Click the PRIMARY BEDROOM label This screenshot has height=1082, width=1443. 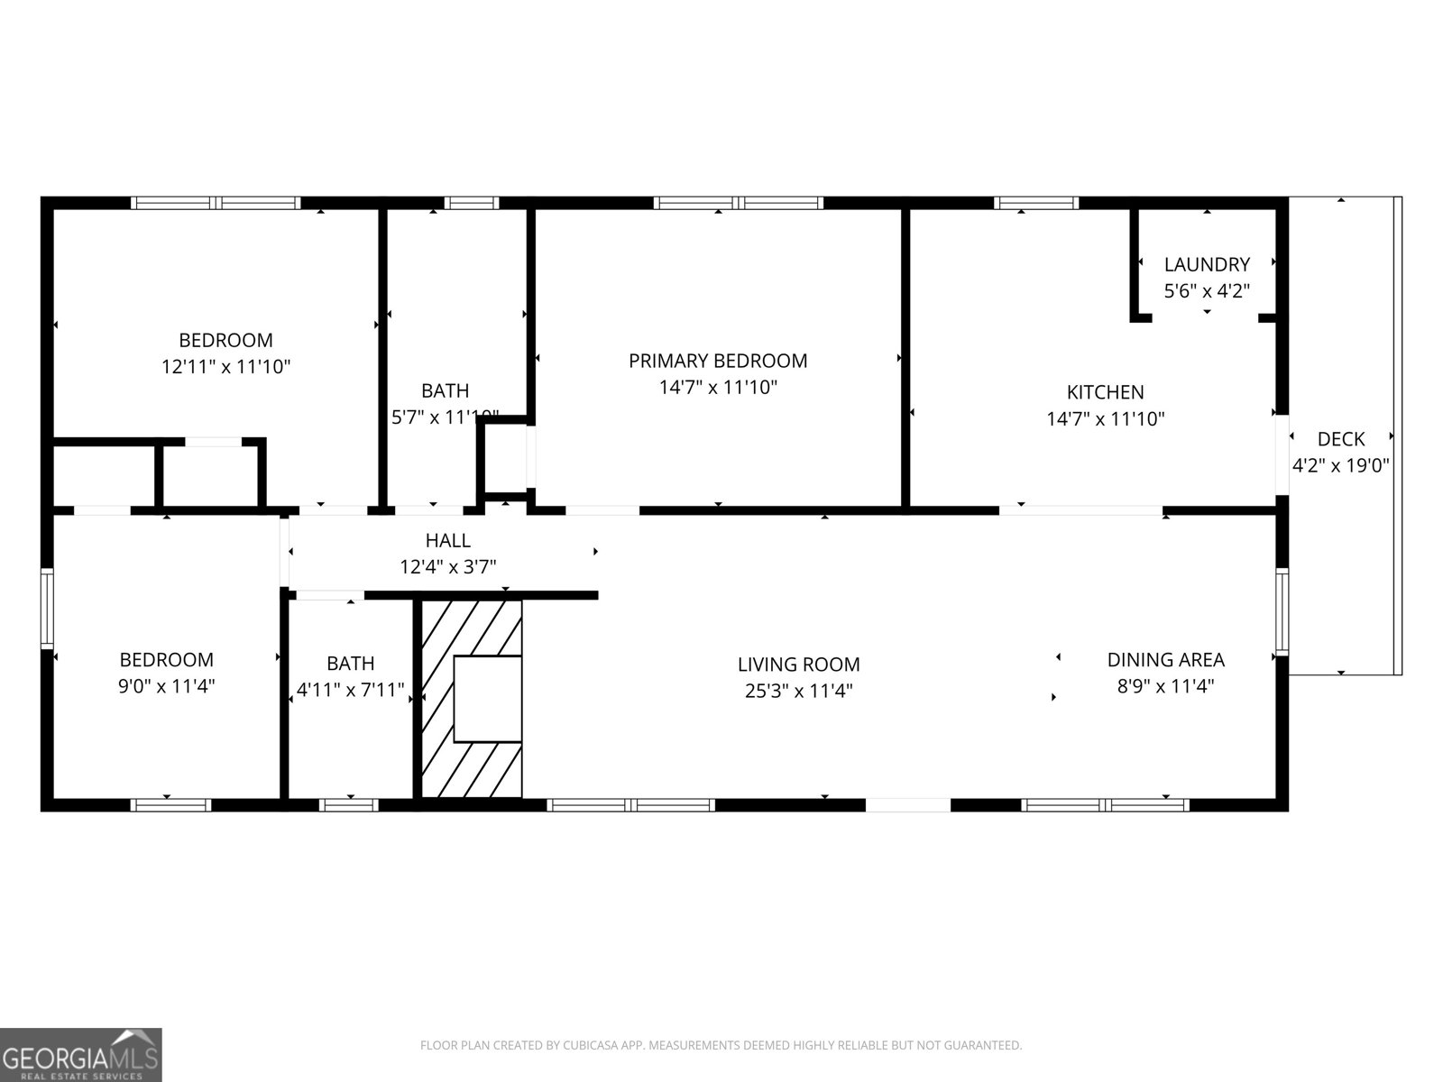tap(718, 362)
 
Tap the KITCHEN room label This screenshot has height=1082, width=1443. tap(1105, 392)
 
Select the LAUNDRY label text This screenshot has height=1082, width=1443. tap(1207, 265)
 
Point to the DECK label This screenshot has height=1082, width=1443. tap(1341, 439)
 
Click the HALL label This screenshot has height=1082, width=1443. tap(448, 541)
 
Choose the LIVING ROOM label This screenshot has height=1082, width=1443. tap(798, 665)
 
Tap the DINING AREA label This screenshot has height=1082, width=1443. tap(1165, 660)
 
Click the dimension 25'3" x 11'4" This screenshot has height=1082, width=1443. tap(798, 692)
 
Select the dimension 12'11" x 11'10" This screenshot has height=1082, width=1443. tap(225, 367)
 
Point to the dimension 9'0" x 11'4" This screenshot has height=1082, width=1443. tap(167, 686)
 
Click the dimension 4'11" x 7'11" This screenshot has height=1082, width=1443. tap(350, 692)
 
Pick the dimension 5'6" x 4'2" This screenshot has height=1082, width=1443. tap(1207, 291)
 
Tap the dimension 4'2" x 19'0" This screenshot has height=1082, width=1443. tap(1341, 466)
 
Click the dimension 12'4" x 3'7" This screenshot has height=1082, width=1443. tap(448, 567)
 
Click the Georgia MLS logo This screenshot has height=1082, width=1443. tap(81, 1054)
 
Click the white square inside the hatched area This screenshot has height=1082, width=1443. tap(487, 699)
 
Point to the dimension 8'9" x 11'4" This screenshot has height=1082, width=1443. tap(1165, 686)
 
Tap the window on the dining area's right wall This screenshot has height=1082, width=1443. tap(1281, 611)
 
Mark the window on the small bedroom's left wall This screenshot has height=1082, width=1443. tap(48, 608)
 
